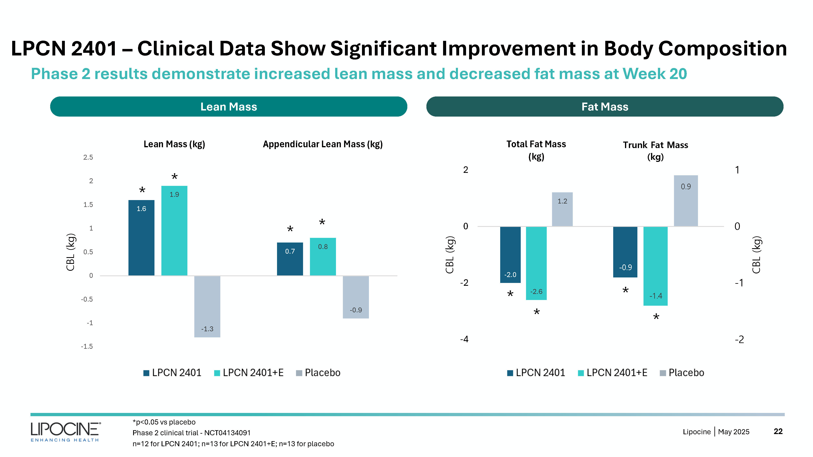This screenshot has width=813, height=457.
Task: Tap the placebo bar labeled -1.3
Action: [x=207, y=306]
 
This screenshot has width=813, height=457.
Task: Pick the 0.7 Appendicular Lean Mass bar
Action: [x=290, y=259]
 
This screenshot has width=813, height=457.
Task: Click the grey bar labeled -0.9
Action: [x=356, y=297]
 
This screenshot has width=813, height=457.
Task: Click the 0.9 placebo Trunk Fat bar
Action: [x=686, y=201]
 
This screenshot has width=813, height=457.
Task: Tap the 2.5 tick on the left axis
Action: [x=88, y=157]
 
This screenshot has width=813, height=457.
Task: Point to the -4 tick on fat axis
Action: [x=464, y=339]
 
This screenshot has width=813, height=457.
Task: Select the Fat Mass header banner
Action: [x=605, y=107]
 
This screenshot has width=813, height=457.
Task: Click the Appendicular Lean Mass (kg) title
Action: [x=323, y=144]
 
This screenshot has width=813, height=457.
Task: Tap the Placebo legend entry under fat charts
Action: [x=682, y=373]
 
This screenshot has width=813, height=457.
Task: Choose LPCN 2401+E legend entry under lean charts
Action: [x=249, y=373]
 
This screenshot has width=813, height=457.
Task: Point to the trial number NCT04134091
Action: [x=227, y=433]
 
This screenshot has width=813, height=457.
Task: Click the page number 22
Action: [x=778, y=431]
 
